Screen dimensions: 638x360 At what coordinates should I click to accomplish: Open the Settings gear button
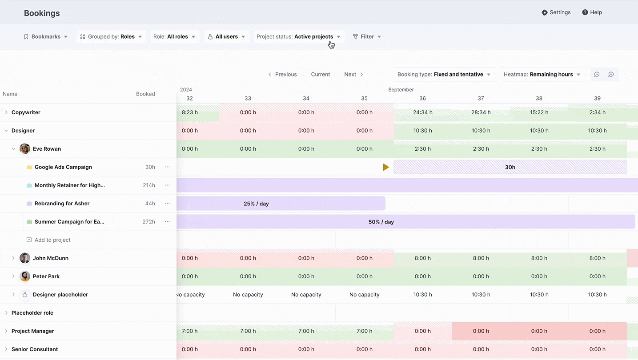[556, 12]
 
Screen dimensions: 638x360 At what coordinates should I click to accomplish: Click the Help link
[592, 12]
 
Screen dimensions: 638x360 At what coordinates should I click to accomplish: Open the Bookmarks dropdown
[45, 37]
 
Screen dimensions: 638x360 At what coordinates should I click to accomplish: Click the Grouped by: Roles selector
[111, 37]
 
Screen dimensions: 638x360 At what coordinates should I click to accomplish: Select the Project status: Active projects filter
[298, 37]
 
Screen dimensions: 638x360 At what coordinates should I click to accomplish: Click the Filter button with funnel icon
[367, 37]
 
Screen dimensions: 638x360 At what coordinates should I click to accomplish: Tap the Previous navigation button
[283, 74]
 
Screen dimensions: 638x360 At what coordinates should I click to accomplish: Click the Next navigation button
[353, 74]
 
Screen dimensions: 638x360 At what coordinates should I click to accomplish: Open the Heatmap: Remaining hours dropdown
[542, 74]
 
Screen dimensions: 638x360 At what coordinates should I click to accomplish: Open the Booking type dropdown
[444, 74]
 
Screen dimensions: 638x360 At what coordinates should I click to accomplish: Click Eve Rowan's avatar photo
[25, 149]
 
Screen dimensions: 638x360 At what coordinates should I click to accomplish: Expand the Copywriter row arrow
[6, 112]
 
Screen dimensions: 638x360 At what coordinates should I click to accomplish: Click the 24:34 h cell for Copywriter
[423, 112]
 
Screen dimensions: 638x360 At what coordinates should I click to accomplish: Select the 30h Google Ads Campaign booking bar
[510, 167]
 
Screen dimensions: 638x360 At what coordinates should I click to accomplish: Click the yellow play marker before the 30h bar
[385, 167]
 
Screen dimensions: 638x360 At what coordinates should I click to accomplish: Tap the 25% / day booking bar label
[256, 204]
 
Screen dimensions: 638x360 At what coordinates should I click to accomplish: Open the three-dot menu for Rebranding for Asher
[167, 204]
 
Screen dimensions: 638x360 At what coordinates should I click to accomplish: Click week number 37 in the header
[481, 98]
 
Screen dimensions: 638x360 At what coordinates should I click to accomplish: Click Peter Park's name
[46, 276]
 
